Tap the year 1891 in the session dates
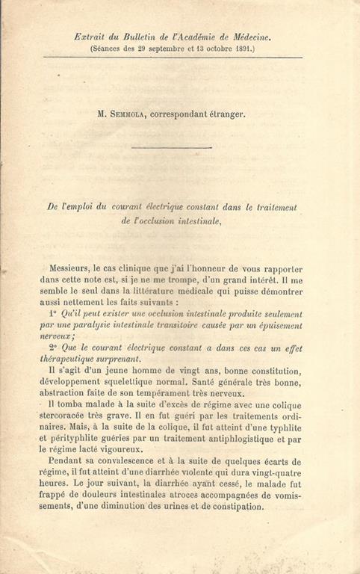click(x=241, y=48)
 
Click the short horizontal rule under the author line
click(x=181, y=146)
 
